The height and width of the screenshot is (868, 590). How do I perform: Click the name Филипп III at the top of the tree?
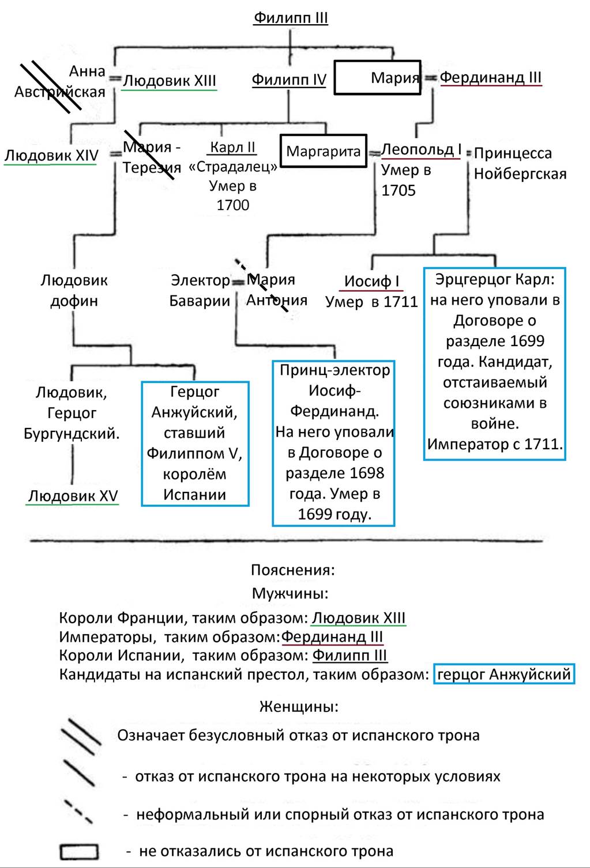click(x=291, y=18)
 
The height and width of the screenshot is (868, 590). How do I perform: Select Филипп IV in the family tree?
click(x=289, y=80)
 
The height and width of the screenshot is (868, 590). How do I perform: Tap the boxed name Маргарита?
click(x=323, y=151)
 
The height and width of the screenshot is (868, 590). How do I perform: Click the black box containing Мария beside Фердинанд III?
click(x=378, y=77)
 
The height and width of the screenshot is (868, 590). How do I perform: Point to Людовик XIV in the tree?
click(x=51, y=156)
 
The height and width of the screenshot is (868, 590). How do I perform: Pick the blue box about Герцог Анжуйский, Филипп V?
click(x=195, y=443)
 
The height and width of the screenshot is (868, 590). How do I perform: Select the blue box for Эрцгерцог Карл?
click(x=495, y=363)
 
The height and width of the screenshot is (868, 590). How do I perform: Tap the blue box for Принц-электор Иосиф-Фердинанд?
click(x=334, y=442)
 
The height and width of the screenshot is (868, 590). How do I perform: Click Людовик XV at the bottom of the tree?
click(x=73, y=496)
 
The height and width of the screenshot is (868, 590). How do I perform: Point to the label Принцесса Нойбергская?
click(x=520, y=164)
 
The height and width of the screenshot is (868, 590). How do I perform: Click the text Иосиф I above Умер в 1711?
click(x=371, y=282)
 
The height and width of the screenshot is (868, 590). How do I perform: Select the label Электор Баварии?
click(x=200, y=290)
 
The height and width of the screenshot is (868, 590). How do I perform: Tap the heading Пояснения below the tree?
click(x=292, y=570)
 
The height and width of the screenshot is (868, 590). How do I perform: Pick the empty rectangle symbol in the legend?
click(x=79, y=851)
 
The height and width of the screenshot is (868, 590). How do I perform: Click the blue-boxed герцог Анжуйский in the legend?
click(x=504, y=674)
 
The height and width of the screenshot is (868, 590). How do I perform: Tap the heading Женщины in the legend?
click(x=299, y=706)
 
